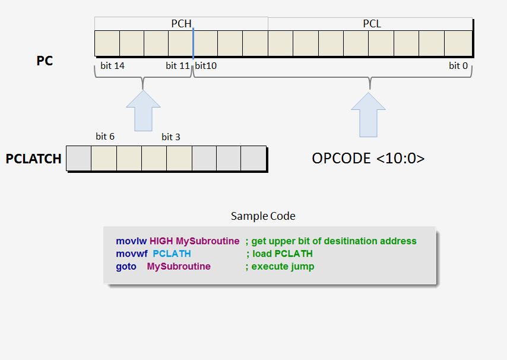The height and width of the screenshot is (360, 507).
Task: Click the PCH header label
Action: point(182,24)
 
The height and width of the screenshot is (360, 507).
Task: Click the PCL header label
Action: point(372,24)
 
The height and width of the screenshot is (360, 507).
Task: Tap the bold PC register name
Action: point(45,61)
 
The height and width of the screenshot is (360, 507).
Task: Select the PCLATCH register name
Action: point(34,159)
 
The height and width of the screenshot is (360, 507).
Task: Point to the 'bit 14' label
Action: point(112,66)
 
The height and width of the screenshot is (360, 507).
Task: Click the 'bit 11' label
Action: point(178,66)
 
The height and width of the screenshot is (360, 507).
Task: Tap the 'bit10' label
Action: point(206,66)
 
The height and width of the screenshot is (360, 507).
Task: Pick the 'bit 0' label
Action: point(458,66)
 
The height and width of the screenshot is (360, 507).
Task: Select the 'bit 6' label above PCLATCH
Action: point(105,137)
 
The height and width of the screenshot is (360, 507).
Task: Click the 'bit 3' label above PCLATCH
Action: point(171,137)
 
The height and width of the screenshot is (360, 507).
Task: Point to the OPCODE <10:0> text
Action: point(368,159)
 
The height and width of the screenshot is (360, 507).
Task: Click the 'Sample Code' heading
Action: point(263,216)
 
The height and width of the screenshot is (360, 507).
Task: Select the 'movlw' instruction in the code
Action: point(131,241)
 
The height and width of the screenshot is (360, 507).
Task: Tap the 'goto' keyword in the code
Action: point(126,266)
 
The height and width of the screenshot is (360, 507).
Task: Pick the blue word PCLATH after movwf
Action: point(172,254)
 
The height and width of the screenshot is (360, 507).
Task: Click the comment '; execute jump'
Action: point(280,266)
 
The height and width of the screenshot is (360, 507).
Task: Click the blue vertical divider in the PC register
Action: point(193,43)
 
